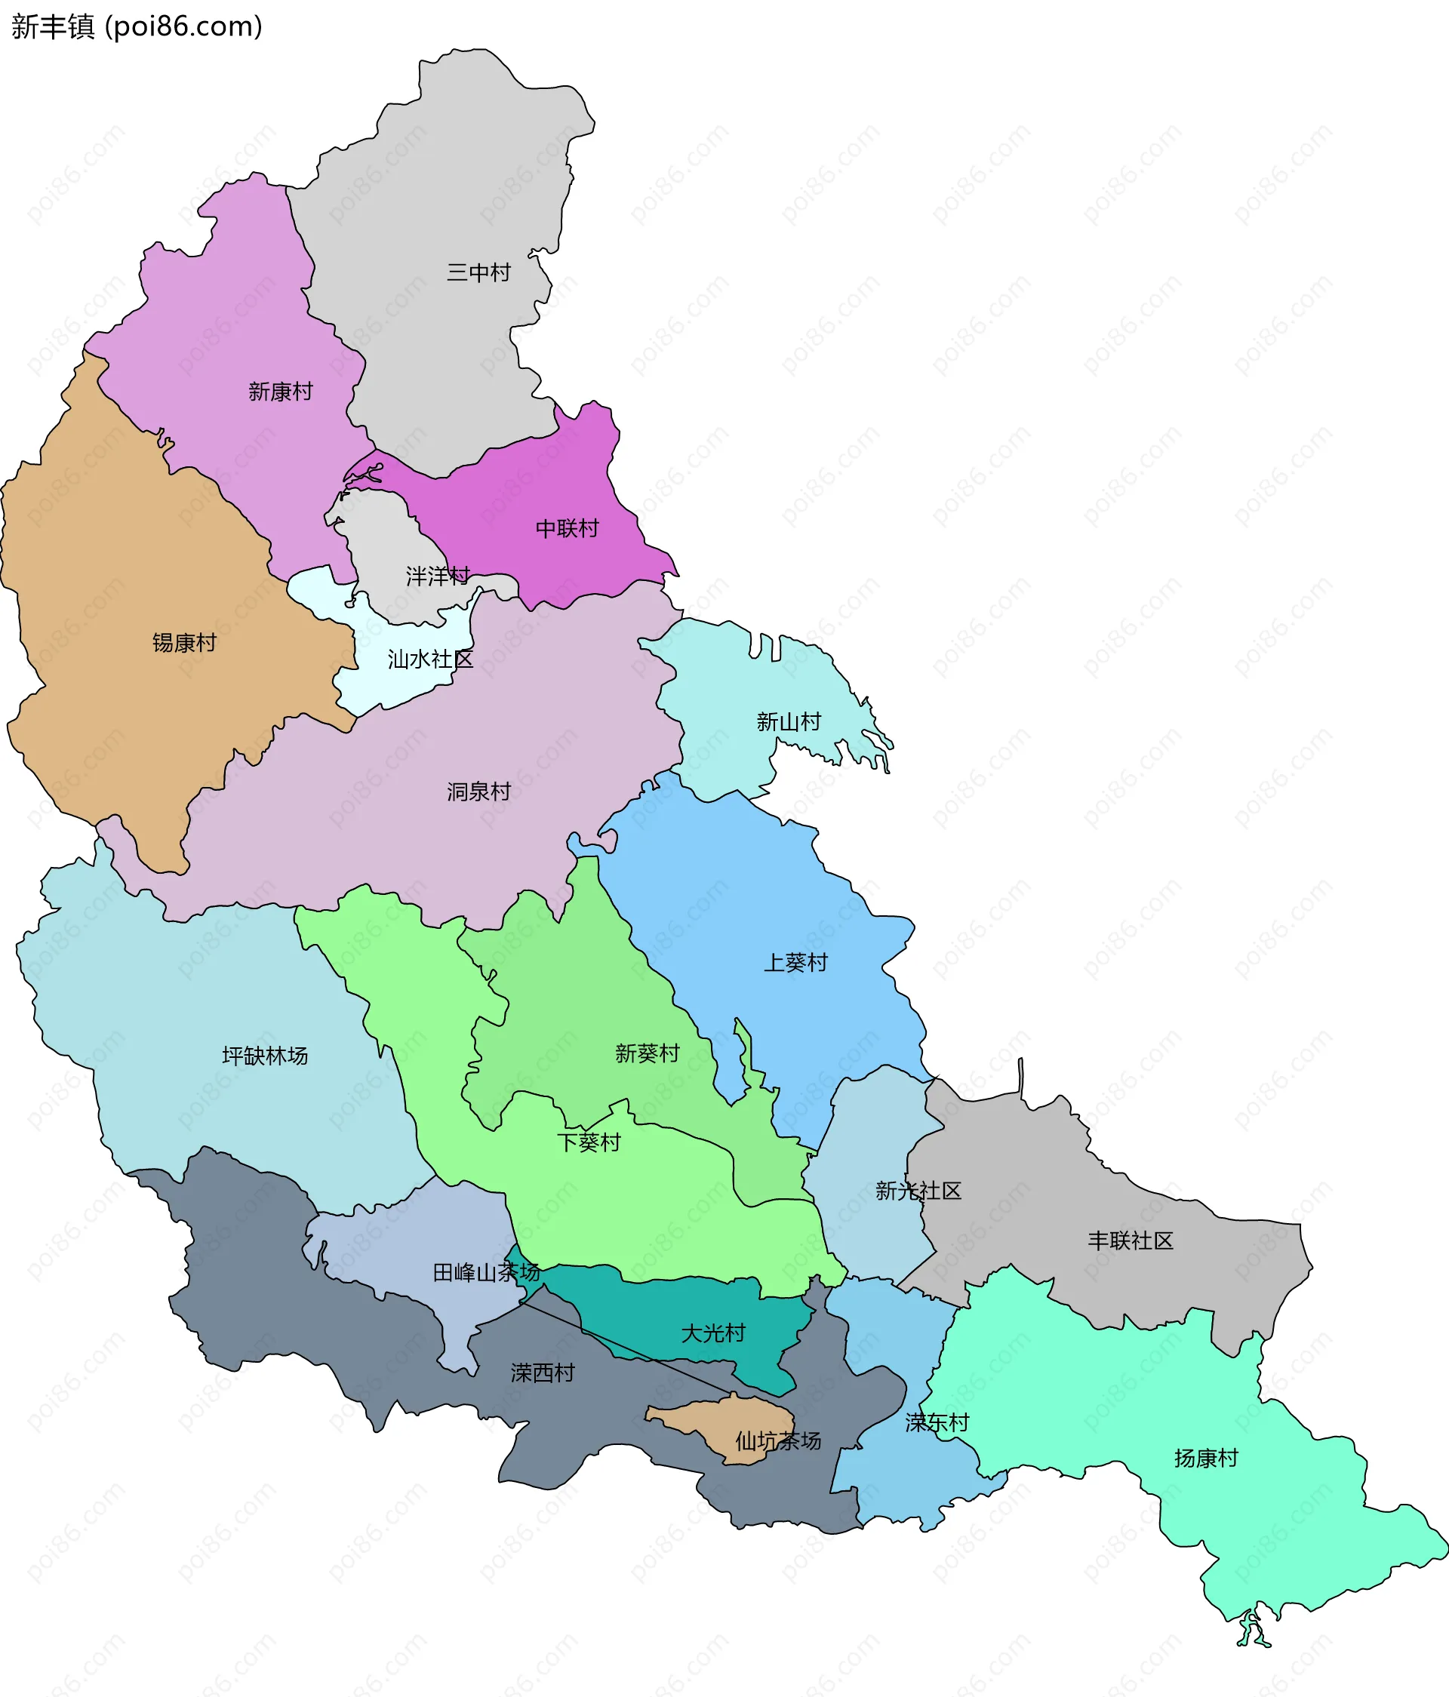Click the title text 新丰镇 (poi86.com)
point(137,26)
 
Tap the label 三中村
point(478,272)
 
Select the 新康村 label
point(280,392)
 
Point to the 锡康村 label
point(184,642)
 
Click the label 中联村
point(567,528)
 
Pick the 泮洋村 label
point(438,576)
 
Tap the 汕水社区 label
point(430,659)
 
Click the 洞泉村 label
point(478,792)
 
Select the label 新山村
point(788,721)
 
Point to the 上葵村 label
point(795,962)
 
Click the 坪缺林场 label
point(265,1056)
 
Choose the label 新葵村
point(647,1053)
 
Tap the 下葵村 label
point(588,1142)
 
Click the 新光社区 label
point(918,1191)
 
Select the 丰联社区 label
point(1130,1240)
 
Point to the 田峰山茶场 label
point(486,1273)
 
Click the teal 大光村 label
point(712,1333)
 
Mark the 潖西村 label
point(543,1373)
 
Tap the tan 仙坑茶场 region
point(721,1429)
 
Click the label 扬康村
point(1206,1459)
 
